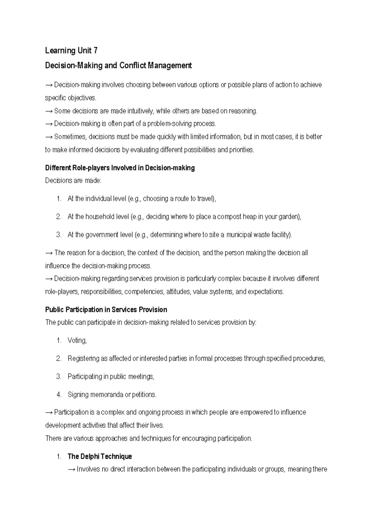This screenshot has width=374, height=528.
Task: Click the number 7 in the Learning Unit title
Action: click(95, 50)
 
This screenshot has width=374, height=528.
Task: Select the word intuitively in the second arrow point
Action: click(139, 111)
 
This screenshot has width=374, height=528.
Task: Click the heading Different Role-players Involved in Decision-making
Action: click(120, 168)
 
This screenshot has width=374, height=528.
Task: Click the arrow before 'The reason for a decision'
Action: click(49, 253)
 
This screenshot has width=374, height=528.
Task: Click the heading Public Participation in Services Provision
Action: click(106, 310)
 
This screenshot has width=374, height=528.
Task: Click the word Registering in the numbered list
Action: click(83, 359)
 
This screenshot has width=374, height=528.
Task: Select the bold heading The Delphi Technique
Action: click(100, 457)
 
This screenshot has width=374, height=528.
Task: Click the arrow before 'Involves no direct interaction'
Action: click(71, 469)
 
